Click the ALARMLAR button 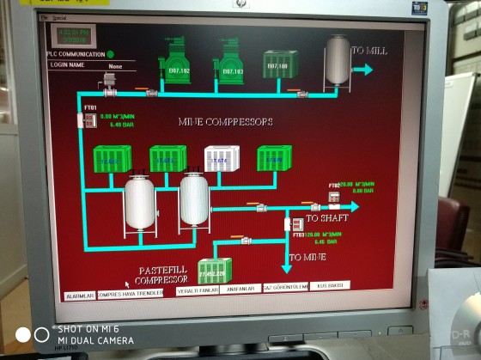pos(80,296)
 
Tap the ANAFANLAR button pos(240,289)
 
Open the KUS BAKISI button pos(330,285)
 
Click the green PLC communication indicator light pos(110,54)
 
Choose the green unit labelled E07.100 pos(280,64)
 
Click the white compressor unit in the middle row pos(222,159)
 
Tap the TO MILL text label pos(368,51)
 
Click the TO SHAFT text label pos(325,218)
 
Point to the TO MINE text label pos(307,257)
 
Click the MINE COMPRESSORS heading pos(225,122)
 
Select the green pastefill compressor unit pos(215,271)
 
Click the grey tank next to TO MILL pos(338,59)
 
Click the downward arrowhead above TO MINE pos(287,267)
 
